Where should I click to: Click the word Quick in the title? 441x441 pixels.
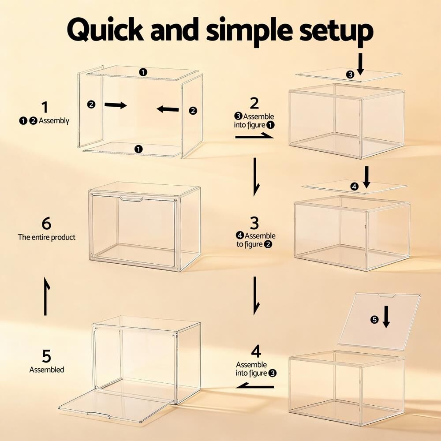[x=105, y=29]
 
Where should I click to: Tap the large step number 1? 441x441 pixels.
[x=45, y=107]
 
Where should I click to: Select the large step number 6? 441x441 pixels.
[x=46, y=223]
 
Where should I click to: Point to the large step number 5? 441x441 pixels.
[x=46, y=356]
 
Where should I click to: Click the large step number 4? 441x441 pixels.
[x=256, y=351]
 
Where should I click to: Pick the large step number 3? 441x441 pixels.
[x=254, y=223]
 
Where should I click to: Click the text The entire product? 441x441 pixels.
[x=47, y=237]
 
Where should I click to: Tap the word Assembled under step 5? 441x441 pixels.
[x=47, y=370]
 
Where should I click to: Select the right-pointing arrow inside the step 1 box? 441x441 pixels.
[x=116, y=105]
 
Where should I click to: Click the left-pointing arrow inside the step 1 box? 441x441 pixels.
[x=168, y=109]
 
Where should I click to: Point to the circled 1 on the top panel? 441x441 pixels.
[x=143, y=72]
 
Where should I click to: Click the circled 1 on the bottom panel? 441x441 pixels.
[x=138, y=149]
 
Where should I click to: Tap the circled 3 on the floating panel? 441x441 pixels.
[x=350, y=75]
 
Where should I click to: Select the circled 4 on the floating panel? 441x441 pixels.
[x=355, y=186]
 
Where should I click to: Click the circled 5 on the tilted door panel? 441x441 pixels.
[x=374, y=319]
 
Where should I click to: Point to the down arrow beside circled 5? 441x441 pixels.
[x=386, y=317]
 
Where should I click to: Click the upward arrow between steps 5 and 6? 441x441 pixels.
[x=46, y=296]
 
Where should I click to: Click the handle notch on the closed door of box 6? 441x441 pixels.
[x=131, y=199]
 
